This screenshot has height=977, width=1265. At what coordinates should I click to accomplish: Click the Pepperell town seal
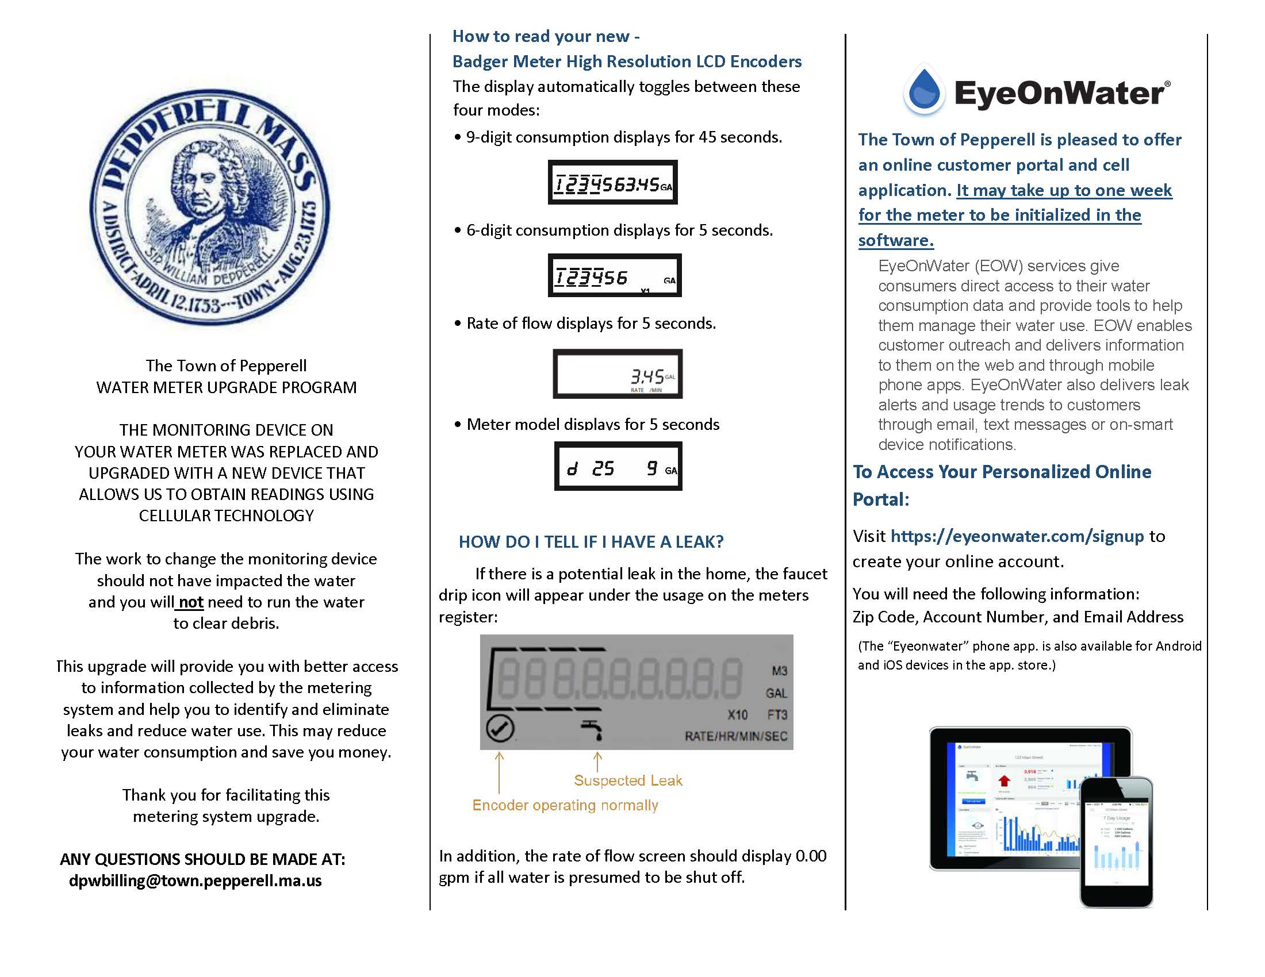click(210, 207)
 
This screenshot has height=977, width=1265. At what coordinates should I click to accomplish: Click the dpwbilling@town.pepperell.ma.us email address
click(195, 880)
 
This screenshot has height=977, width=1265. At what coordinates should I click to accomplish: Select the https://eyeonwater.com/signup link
click(1017, 536)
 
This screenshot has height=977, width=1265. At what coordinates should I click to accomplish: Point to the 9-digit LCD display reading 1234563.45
click(613, 182)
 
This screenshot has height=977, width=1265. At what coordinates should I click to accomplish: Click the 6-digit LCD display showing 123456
click(615, 275)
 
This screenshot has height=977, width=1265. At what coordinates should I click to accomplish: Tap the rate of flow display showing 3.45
click(618, 374)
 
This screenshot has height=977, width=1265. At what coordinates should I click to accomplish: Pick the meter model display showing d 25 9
click(618, 467)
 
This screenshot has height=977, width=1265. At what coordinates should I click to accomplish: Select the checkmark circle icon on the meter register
click(500, 728)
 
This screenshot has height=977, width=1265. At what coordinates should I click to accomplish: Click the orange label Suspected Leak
click(628, 780)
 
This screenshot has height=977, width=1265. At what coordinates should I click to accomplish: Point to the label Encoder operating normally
click(565, 805)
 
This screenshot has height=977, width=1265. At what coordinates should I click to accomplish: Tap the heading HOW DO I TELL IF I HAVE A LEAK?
click(591, 542)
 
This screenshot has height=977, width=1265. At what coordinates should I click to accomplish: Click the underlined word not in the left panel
click(190, 602)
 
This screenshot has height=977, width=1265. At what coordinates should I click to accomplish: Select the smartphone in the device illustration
click(1116, 843)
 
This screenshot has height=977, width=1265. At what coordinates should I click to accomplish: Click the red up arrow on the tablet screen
click(1004, 781)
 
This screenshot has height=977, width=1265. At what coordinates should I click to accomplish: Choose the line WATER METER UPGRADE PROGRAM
click(227, 387)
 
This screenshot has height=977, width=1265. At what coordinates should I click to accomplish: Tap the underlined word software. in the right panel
click(895, 240)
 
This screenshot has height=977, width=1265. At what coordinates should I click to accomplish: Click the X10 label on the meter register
click(737, 715)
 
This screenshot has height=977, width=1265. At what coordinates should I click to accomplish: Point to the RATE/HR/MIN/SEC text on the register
click(735, 736)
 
